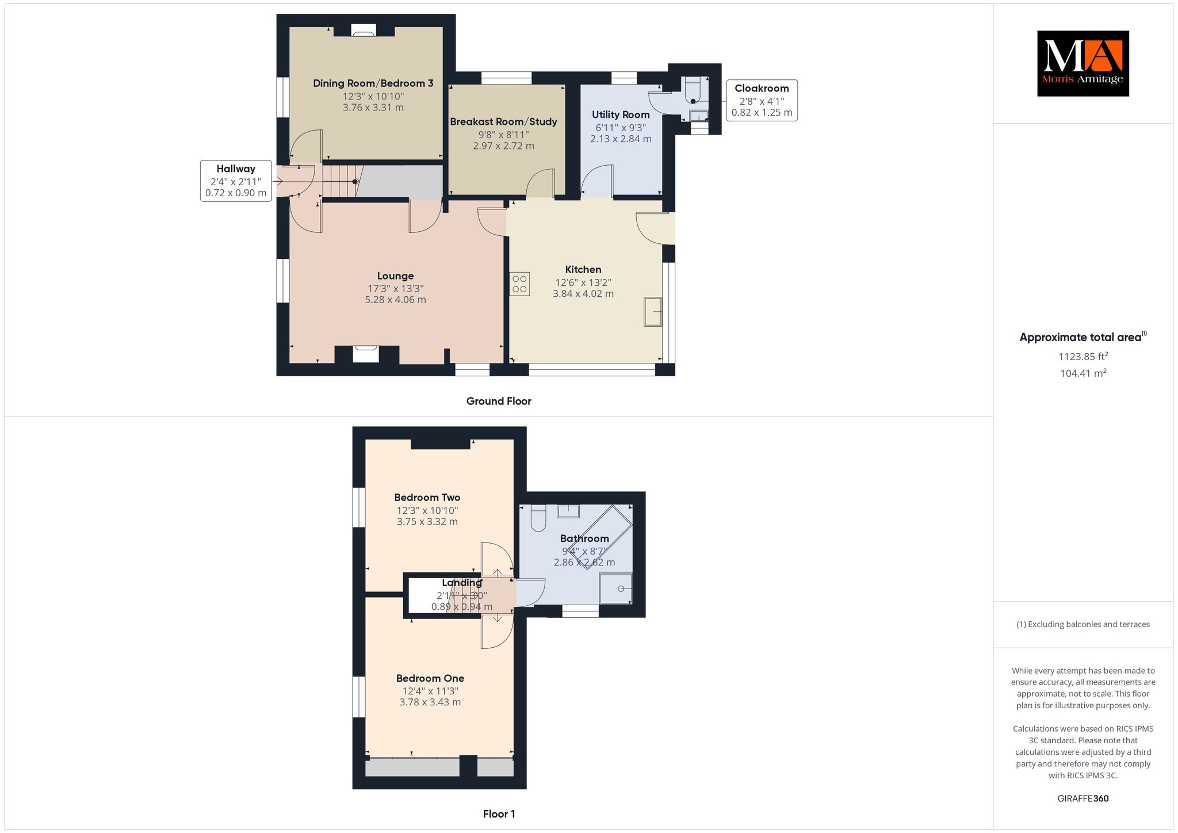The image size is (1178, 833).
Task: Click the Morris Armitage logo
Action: pyautogui.click(x=1083, y=63)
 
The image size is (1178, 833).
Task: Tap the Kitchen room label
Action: pyautogui.click(x=583, y=269)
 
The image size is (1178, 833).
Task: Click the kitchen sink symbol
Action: pyautogui.click(x=653, y=312)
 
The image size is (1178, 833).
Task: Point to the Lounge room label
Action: pyautogui.click(x=396, y=276)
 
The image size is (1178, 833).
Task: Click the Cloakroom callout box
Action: pyautogui.click(x=762, y=100)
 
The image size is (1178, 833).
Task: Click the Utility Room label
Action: pyautogui.click(x=621, y=114)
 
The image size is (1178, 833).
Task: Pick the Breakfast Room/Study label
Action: pyautogui.click(x=503, y=121)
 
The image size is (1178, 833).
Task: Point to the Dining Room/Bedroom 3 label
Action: pyautogui.click(x=373, y=83)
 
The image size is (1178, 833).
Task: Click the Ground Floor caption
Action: pyautogui.click(x=499, y=401)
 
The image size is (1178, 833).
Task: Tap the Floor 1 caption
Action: pyautogui.click(x=499, y=814)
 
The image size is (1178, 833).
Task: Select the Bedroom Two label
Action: pyautogui.click(x=427, y=498)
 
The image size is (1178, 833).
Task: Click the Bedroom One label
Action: pyautogui.click(x=430, y=678)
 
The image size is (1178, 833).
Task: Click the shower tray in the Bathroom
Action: pyautogui.click(x=615, y=589)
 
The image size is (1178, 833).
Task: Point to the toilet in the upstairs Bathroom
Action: pyautogui.click(x=538, y=518)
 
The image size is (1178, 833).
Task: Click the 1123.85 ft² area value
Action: pyautogui.click(x=1083, y=356)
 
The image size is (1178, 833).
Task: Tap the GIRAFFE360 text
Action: pyautogui.click(x=1083, y=798)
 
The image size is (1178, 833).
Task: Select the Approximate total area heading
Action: pyautogui.click(x=1083, y=337)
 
